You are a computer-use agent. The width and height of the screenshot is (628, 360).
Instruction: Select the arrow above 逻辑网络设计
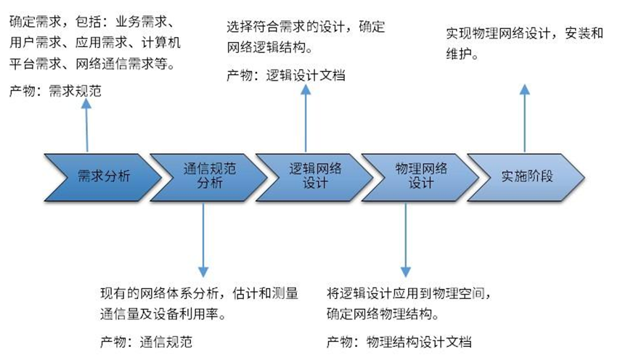(306, 115)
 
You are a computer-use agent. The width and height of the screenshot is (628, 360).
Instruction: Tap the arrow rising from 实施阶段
(524, 116)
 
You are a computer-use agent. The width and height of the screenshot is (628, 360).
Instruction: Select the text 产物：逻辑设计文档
(285, 75)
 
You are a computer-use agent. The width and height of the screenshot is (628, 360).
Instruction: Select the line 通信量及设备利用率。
(166, 314)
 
